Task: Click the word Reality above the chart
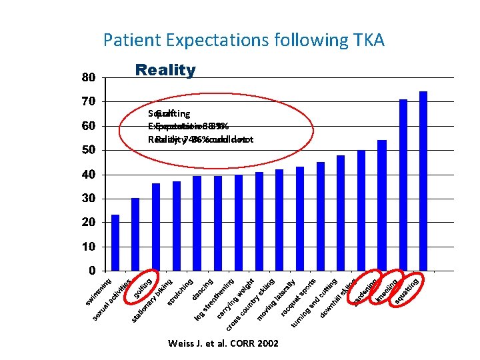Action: pyautogui.click(x=165, y=70)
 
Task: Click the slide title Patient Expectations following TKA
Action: pyautogui.click(x=244, y=40)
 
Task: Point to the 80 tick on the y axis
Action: pyautogui.click(x=89, y=77)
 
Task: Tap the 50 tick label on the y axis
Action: pyautogui.click(x=89, y=150)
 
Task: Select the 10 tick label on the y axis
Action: pyautogui.click(x=89, y=247)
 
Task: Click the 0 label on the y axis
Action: pyautogui.click(x=91, y=271)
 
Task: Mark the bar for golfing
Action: pyautogui.click(x=156, y=227)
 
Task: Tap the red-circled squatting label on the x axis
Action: pyautogui.click(x=407, y=291)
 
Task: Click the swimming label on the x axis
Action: pyautogui.click(x=99, y=293)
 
